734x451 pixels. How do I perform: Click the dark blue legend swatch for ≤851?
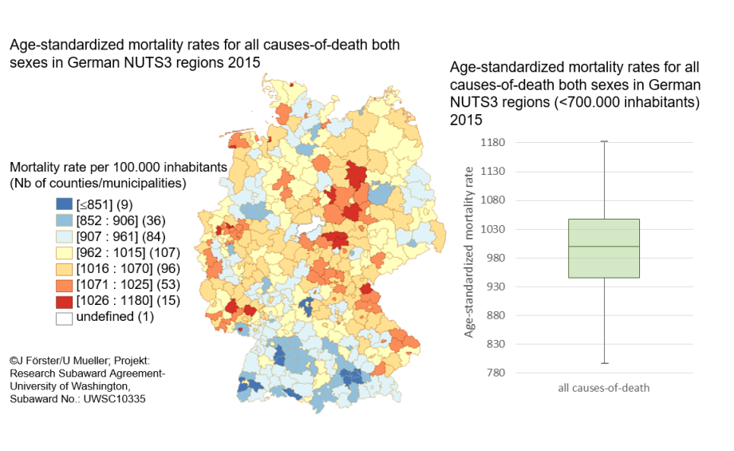62,205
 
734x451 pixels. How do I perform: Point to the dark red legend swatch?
62,301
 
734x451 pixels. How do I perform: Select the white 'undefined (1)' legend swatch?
62,317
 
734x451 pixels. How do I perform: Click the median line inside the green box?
604,247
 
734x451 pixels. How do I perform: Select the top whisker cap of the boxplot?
604,141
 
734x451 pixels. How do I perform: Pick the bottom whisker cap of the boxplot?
604,364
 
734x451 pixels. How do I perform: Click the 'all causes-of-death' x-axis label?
604,389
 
